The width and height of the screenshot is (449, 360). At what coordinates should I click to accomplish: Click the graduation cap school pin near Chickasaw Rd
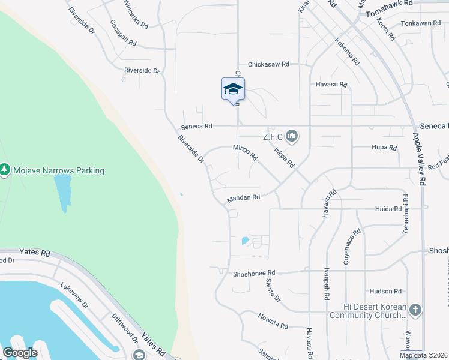pos(233,89)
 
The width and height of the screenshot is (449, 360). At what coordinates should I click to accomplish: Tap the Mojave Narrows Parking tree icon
pos(5,170)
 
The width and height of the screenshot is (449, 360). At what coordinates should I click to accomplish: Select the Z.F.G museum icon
pos(292,137)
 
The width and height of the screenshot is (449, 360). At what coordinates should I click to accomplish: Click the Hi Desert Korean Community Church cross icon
pos(415,310)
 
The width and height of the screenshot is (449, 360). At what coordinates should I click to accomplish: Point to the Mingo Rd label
pos(246,152)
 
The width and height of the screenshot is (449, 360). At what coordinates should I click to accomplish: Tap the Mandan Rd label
pos(243,197)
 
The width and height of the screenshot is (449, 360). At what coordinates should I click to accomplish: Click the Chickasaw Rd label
pos(268,64)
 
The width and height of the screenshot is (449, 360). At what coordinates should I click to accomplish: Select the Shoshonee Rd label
pos(253,272)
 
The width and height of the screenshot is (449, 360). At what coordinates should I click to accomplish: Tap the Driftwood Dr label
pos(125,329)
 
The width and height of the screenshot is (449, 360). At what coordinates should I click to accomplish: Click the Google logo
pos(20,353)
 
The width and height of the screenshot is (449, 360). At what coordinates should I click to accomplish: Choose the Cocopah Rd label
pos(123,34)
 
